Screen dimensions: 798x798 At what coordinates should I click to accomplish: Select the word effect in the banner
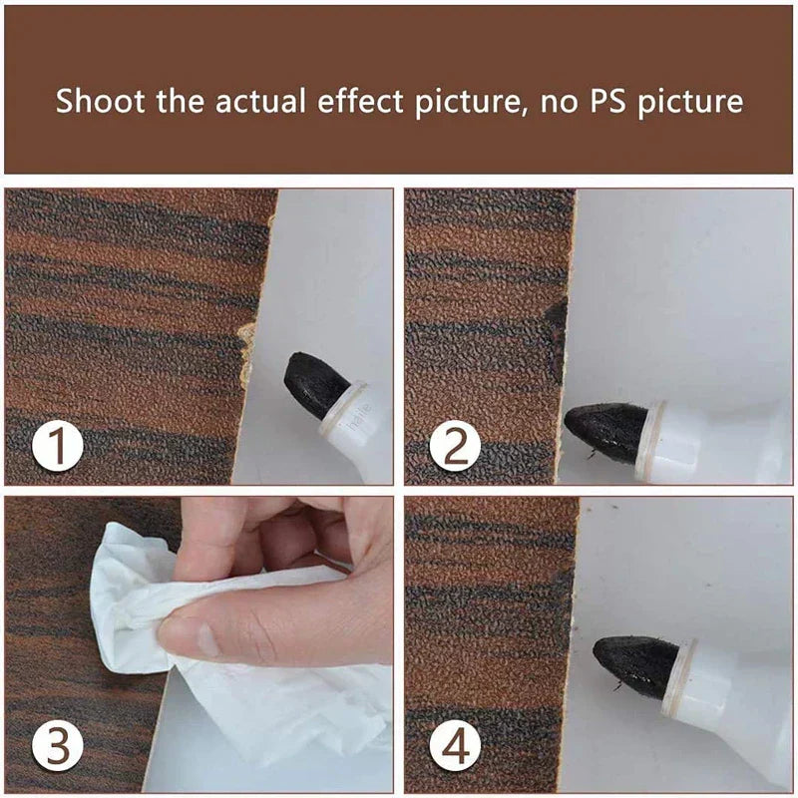365,101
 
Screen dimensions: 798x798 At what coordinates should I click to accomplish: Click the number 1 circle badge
56,446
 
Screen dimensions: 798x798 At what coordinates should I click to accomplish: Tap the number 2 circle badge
455,446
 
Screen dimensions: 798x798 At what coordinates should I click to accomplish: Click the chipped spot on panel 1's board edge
244,354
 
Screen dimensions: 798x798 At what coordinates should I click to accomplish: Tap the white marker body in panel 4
738,688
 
